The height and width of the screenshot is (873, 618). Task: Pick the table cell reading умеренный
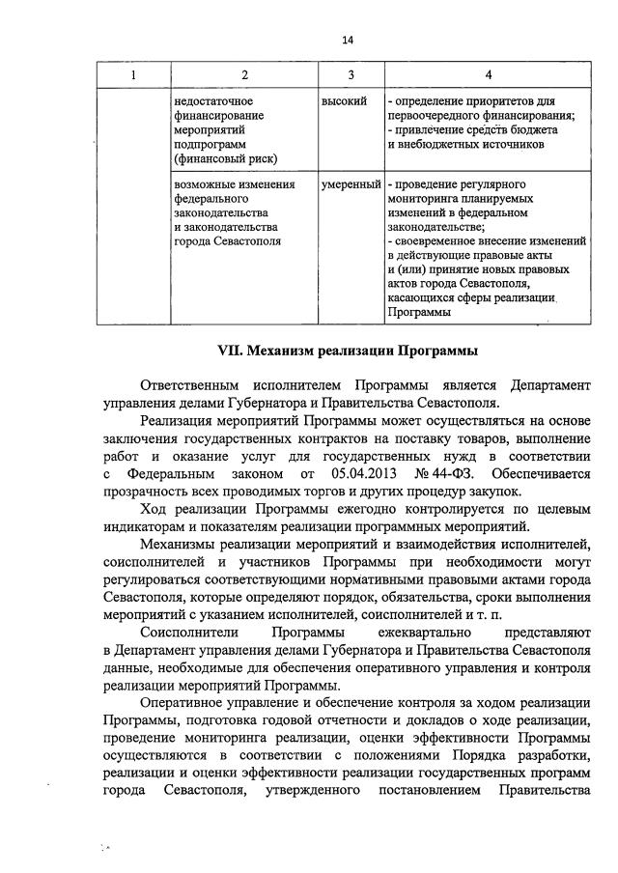click(351, 183)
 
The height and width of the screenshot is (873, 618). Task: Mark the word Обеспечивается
click(541, 474)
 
